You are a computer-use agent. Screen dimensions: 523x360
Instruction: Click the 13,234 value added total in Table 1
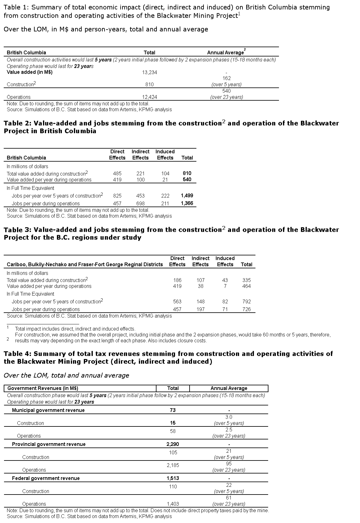point(149,72)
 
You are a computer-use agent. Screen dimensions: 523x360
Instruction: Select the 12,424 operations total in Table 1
point(149,97)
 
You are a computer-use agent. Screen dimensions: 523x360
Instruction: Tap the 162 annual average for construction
point(226,79)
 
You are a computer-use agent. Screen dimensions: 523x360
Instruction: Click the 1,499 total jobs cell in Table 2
point(187,196)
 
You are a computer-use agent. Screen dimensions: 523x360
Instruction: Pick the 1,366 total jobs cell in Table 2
point(187,203)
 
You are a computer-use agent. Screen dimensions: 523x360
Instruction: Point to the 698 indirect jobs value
point(140,204)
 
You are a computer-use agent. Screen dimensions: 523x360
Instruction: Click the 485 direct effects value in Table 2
point(117,174)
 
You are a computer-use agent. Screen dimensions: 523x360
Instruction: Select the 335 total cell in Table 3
point(246,280)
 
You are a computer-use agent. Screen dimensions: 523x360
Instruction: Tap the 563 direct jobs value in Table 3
point(177,302)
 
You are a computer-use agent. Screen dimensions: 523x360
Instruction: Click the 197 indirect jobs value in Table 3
point(200,309)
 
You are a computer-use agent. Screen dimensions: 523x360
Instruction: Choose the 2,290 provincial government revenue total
point(173,444)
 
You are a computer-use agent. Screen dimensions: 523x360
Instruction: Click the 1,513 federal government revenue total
point(173,478)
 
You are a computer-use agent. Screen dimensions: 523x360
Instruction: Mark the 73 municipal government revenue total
point(173,410)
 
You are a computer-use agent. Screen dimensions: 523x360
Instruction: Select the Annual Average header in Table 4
point(229,388)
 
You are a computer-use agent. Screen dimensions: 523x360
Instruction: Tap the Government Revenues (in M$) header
point(43,388)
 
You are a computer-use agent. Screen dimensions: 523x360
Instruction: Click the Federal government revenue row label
point(46,478)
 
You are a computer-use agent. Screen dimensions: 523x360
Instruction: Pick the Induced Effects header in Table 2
point(165,155)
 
